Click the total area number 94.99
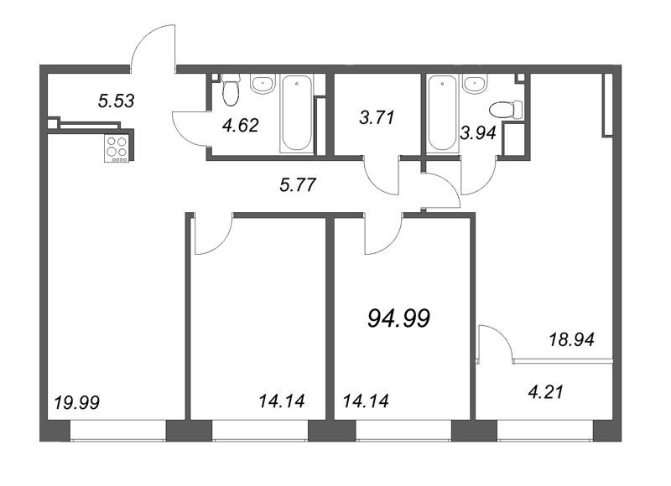399,318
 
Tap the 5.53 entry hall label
116,101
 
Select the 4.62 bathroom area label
241,125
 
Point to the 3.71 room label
377,117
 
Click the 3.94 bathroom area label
478,133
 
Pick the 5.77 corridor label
298,185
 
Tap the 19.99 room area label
77,402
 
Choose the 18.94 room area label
572,340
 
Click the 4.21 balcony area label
546,391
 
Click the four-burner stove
117,148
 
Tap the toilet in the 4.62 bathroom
231,90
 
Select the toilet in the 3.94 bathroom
507,110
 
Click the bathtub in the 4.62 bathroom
296,113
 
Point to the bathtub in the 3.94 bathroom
443,113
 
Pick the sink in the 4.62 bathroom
263,84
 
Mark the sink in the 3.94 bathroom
475,84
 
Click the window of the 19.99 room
117,431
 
